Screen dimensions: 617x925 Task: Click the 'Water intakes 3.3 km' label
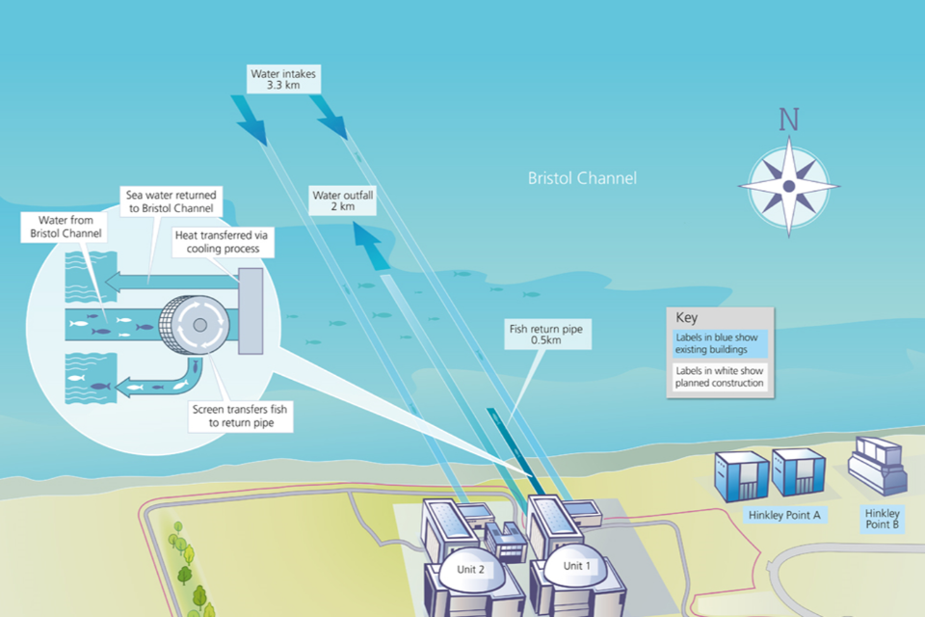tap(283, 79)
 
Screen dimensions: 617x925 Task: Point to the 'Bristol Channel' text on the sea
tap(582, 178)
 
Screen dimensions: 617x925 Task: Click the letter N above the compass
tap(789, 120)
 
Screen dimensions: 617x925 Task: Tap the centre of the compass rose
tap(789, 186)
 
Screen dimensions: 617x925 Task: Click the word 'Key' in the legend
tap(686, 317)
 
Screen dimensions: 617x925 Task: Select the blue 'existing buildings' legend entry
tap(720, 342)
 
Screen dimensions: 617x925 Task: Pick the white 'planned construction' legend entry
tap(720, 377)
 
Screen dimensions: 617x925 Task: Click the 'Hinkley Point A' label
tap(784, 515)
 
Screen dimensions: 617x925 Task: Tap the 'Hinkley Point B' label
tap(882, 520)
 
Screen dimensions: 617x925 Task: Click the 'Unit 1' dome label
tap(575, 565)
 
